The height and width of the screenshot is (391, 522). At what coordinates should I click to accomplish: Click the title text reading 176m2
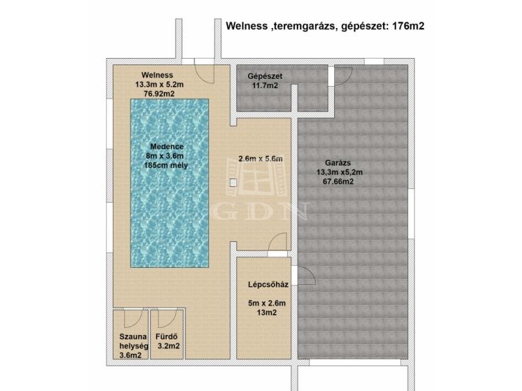click(408, 26)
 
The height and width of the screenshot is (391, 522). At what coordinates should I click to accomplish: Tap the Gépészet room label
click(265, 76)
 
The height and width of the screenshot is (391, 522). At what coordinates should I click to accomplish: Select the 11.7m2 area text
click(265, 86)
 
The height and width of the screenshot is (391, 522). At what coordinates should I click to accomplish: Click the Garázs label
click(338, 163)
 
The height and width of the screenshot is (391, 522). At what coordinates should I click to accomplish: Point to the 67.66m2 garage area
click(338, 182)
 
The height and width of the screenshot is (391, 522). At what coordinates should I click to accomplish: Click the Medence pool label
click(167, 146)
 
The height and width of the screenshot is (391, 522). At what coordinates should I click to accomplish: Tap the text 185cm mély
click(166, 166)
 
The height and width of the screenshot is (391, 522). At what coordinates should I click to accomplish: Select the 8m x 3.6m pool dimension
click(165, 156)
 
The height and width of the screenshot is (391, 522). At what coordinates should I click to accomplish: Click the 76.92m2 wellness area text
click(159, 94)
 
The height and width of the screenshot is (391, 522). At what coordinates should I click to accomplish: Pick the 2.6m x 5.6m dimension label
click(260, 158)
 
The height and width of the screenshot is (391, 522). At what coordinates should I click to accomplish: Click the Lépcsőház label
click(268, 285)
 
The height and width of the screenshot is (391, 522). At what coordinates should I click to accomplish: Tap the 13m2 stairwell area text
click(267, 313)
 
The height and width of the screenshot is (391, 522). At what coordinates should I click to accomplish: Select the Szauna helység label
click(134, 341)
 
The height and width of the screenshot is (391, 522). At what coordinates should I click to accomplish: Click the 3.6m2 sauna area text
click(130, 355)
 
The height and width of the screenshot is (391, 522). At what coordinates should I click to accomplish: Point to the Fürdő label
click(166, 336)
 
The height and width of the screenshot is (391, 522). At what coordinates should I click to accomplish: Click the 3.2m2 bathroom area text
click(168, 346)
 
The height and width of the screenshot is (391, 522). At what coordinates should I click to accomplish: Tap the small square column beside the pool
click(234, 183)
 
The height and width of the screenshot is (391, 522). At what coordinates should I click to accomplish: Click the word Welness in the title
click(247, 26)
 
